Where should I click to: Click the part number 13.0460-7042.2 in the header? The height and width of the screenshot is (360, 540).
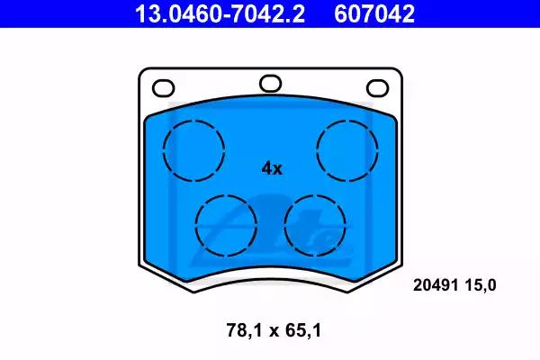pos(220,13)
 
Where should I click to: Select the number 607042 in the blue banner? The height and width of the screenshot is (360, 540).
pos(374,13)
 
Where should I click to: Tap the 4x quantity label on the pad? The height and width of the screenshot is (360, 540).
pos(272,169)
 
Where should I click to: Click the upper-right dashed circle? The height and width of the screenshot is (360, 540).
pos(317,150)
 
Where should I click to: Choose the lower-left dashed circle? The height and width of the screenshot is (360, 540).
pos(195,226)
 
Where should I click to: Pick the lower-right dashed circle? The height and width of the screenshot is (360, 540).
pos(284,226)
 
